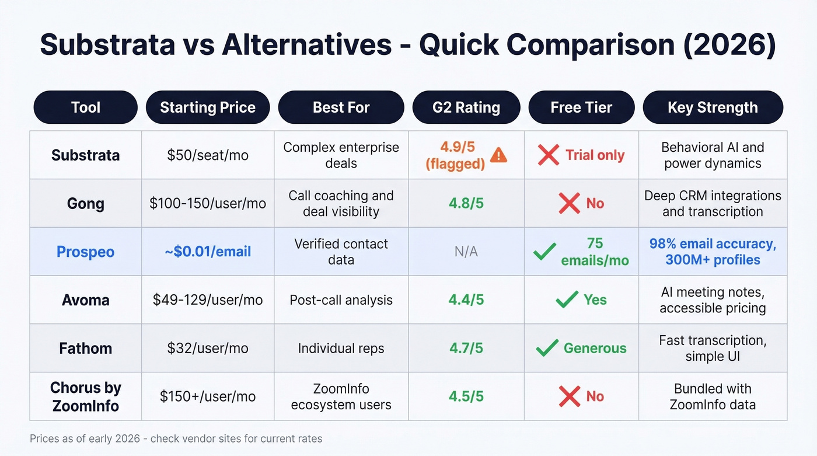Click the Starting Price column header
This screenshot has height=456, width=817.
coord(208,107)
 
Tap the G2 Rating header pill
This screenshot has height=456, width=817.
coord(466,107)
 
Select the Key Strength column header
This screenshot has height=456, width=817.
coord(713,107)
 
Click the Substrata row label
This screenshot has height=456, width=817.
coord(85,155)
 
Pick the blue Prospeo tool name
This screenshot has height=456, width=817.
coord(85,252)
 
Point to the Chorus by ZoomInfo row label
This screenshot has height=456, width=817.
coord(85,396)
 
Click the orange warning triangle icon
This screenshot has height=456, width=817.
coord(499,155)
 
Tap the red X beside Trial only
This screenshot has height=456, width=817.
coord(549,155)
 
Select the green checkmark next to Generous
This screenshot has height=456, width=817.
coord(547,349)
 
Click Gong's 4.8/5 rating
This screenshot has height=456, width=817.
coord(466,204)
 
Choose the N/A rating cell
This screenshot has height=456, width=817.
coord(466,252)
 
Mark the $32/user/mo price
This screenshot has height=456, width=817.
coord(208,349)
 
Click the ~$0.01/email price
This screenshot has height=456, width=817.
coord(208,252)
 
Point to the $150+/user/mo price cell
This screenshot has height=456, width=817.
coord(208,396)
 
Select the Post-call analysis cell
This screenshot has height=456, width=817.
coord(341,300)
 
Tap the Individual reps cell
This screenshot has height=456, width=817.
coord(341,349)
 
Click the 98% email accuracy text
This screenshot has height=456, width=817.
coord(713,244)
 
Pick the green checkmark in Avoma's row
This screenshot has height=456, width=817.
coord(567,300)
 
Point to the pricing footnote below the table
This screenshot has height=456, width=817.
coord(176,438)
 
